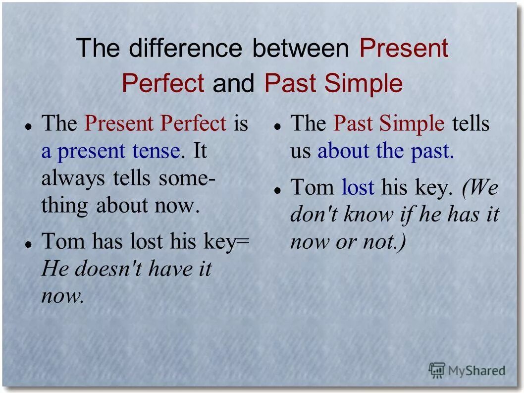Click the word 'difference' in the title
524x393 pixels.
[186, 49]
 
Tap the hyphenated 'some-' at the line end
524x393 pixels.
[187, 178]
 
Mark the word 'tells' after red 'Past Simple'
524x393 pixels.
[470, 124]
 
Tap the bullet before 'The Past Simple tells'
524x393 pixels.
[278, 126]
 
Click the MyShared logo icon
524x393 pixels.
[437, 370]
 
